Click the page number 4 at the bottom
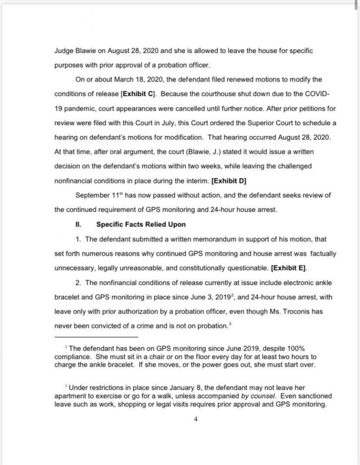195,419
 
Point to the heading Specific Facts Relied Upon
141,224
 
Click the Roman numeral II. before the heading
78,224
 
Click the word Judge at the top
64,50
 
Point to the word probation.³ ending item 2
216,326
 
